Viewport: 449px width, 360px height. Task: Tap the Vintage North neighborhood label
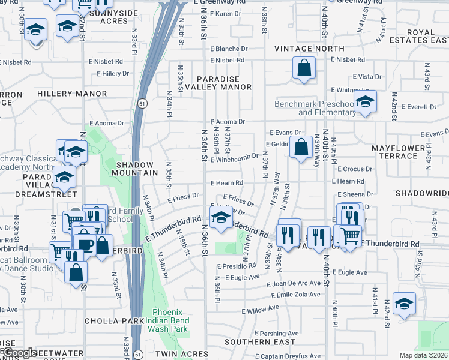click(x=309, y=49)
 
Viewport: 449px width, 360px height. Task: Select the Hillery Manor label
click(x=72, y=94)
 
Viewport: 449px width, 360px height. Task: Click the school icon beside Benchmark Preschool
click(x=364, y=103)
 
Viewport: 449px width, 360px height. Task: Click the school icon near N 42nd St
click(x=404, y=304)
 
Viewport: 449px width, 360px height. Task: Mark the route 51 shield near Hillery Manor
click(x=139, y=103)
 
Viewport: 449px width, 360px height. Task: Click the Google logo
click(x=19, y=353)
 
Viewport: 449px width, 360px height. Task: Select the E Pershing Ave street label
click(x=275, y=333)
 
